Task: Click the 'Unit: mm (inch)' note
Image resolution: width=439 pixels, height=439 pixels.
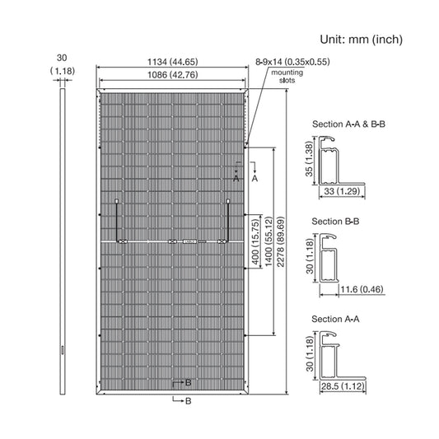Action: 362,40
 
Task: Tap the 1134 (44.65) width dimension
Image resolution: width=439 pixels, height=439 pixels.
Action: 172,62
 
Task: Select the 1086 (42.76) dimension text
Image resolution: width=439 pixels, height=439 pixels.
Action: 172,75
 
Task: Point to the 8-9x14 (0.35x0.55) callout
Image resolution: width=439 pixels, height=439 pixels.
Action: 292,62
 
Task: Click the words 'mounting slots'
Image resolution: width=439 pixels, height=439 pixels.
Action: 287,77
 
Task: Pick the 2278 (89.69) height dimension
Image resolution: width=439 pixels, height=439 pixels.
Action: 280,241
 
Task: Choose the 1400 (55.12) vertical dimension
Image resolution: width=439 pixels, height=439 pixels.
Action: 269,241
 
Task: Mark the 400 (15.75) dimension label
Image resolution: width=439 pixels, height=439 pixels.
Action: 255,242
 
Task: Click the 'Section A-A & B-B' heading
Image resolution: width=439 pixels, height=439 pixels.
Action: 348,124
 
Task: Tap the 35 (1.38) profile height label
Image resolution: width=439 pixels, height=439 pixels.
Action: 308,159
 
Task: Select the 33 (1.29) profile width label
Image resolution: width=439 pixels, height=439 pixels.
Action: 342,191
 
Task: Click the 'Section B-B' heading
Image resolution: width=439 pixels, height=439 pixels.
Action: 335,222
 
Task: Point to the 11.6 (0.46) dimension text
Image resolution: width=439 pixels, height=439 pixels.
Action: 362,289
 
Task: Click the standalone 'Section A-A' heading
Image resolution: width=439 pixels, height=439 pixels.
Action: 335,319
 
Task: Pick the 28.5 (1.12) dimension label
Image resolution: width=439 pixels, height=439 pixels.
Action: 343,386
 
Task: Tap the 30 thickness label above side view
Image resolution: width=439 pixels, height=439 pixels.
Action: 62,58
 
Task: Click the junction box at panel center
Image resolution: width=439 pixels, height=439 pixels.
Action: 189,241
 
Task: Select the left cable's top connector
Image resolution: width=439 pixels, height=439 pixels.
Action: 116,201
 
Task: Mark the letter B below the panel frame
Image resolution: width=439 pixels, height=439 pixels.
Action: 188,401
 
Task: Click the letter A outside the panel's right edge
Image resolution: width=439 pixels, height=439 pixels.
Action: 255,179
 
